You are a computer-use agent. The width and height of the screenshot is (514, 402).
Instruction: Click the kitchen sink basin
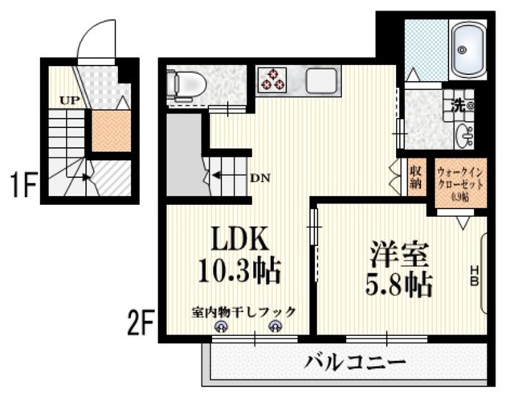coord(323,80)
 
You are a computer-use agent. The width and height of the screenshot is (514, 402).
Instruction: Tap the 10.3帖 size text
coord(239,271)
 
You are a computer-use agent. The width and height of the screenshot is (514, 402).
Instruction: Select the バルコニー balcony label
coord(354,361)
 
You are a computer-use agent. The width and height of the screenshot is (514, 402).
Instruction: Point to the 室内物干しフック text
coord(244,311)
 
